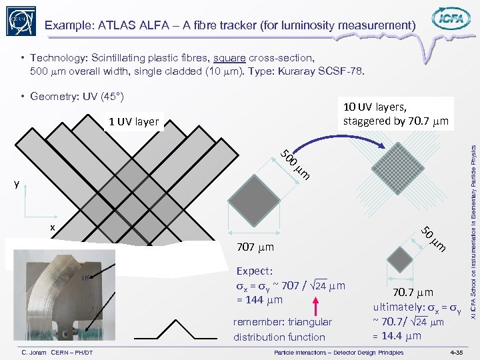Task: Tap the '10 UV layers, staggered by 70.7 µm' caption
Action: coord(395,114)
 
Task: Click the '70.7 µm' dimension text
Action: coord(413,292)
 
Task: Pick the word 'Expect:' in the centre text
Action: coord(253,271)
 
